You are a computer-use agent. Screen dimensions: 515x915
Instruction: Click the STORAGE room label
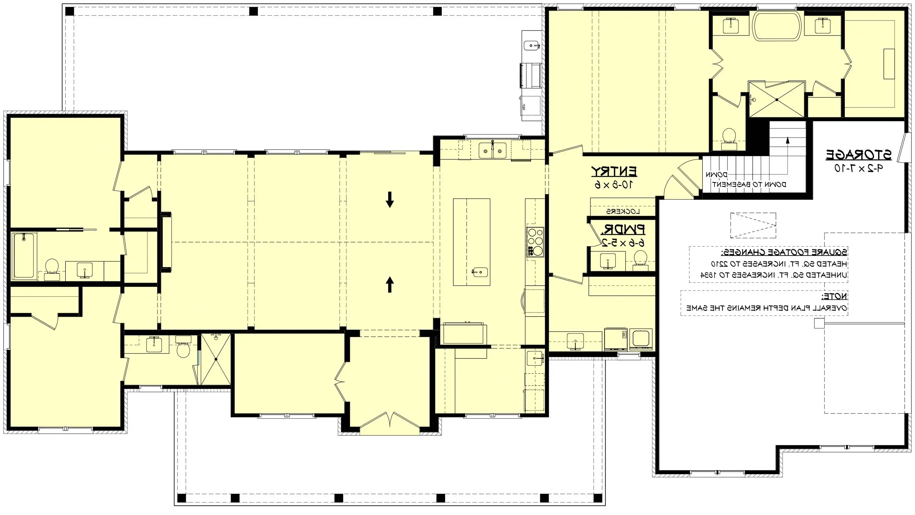pos(858,155)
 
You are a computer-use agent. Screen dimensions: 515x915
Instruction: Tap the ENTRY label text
pos(614,172)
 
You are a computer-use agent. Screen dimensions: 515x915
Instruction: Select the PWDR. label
pos(623,230)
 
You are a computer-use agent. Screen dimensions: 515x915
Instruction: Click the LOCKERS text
pos(623,212)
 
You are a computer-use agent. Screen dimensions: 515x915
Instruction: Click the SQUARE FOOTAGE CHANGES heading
pos(784,252)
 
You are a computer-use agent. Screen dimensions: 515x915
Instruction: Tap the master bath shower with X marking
pos(777,99)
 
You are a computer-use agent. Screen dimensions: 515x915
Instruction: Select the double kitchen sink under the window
pos(492,151)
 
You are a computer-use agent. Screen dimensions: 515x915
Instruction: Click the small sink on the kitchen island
pos(479,273)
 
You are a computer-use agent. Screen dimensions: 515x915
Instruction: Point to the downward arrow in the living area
pos(390,199)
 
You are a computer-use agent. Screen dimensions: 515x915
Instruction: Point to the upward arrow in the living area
pos(390,284)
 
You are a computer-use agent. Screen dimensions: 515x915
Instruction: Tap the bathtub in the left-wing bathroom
pos(23,256)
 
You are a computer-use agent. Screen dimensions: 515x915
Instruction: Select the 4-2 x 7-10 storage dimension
pos(858,169)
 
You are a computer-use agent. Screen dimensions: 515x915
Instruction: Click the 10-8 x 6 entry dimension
pos(613,185)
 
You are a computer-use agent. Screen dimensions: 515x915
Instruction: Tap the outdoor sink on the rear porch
pos(532,46)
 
